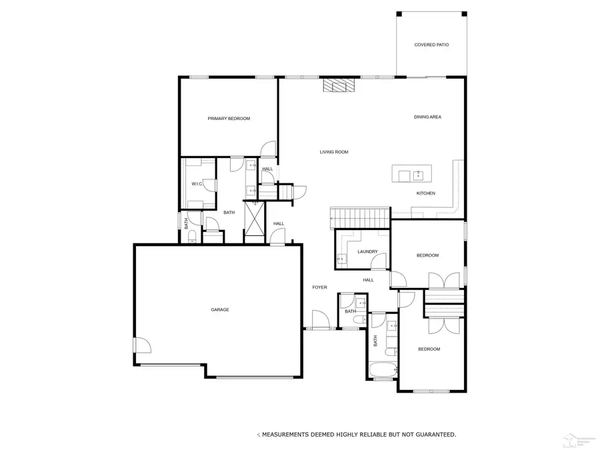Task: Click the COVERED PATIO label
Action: (x=431, y=45)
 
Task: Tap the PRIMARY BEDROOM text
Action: (x=229, y=119)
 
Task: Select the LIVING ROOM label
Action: (x=334, y=152)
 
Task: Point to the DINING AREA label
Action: (x=427, y=117)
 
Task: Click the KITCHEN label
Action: (x=426, y=193)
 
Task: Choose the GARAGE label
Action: (x=220, y=309)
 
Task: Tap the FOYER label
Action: (x=320, y=287)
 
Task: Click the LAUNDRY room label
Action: (x=367, y=251)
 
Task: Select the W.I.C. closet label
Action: (x=197, y=183)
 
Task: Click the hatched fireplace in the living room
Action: (x=337, y=86)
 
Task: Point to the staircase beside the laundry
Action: (x=360, y=217)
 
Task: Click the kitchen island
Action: (x=413, y=175)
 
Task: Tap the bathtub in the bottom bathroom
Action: (x=382, y=369)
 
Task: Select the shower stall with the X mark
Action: (x=255, y=218)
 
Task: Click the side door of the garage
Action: (x=142, y=345)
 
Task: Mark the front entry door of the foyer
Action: (x=320, y=320)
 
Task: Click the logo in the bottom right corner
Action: (x=577, y=438)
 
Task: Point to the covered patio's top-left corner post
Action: (x=399, y=14)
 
